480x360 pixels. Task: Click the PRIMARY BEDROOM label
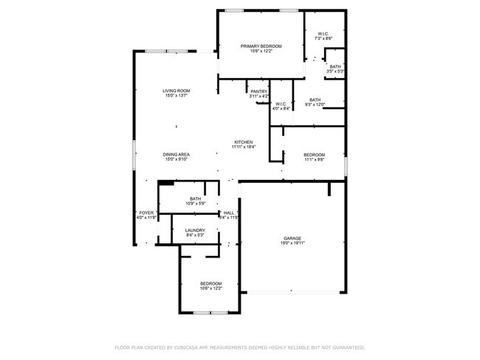261,46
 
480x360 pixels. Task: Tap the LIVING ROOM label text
176,91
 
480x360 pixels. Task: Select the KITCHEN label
244,142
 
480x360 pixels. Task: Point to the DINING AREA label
176,154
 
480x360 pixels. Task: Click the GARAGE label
292,238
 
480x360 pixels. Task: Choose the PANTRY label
258,91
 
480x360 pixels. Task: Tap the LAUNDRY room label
195,230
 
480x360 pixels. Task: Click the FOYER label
146,212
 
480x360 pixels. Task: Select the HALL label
229,212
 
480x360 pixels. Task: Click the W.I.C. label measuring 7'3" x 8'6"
323,34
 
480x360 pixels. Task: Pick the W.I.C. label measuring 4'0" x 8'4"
281,104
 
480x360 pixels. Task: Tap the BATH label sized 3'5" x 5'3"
335,67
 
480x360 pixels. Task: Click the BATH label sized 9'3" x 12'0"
315,100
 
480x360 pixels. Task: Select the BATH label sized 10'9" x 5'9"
196,198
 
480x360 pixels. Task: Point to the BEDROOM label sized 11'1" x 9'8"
315,154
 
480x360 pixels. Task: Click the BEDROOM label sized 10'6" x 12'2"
210,283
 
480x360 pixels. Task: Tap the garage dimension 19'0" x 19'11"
292,243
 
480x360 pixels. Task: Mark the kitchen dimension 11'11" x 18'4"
244,147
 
